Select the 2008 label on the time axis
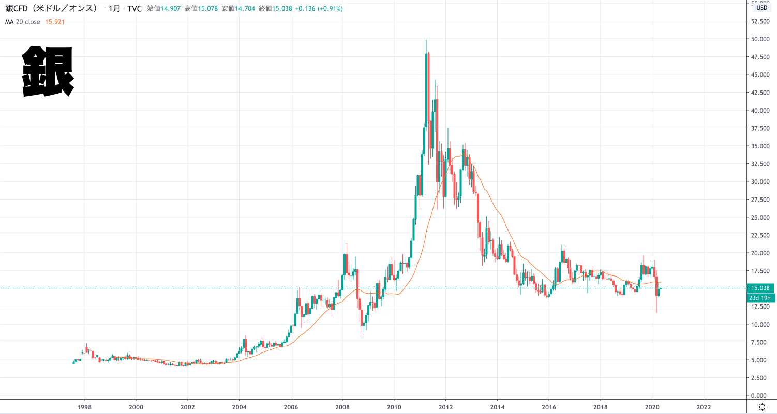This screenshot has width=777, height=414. click(342, 406)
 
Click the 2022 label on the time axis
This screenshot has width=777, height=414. click(704, 406)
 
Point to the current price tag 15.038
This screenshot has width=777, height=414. click(760, 288)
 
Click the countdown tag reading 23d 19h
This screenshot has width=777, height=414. click(760, 298)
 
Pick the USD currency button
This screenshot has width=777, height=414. click(761, 8)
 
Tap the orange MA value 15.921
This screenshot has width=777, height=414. click(54, 22)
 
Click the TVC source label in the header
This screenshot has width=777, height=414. click(134, 9)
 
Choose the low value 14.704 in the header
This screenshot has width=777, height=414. click(245, 9)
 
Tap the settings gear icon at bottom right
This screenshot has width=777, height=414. click(761, 406)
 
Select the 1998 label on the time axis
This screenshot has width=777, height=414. click(84, 406)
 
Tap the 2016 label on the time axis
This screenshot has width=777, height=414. click(548, 406)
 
